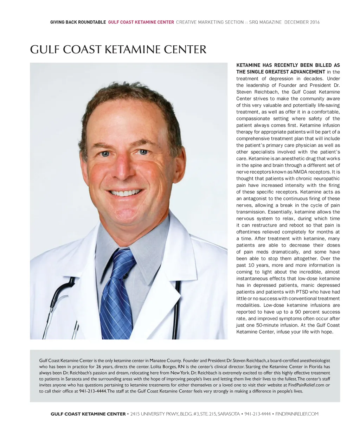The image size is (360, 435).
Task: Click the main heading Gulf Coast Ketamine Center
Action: click(x=118, y=49)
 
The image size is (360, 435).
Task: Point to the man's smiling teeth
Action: click(x=126, y=193)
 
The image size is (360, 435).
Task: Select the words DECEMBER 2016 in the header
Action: click(x=302, y=22)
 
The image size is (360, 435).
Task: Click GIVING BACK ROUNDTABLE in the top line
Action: click(x=78, y=22)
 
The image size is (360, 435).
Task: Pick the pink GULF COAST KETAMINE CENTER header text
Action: click(x=141, y=22)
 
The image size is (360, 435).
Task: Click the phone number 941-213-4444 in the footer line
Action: click(x=257, y=414)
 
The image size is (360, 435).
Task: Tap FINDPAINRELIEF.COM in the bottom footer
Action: click(x=297, y=414)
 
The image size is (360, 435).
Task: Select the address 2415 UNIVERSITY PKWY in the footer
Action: click(x=154, y=414)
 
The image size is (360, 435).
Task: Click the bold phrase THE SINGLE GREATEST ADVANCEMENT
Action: click(x=280, y=72)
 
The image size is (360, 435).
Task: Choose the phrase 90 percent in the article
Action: click(x=307, y=312)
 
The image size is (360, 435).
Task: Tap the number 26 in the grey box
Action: click(x=98, y=366)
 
